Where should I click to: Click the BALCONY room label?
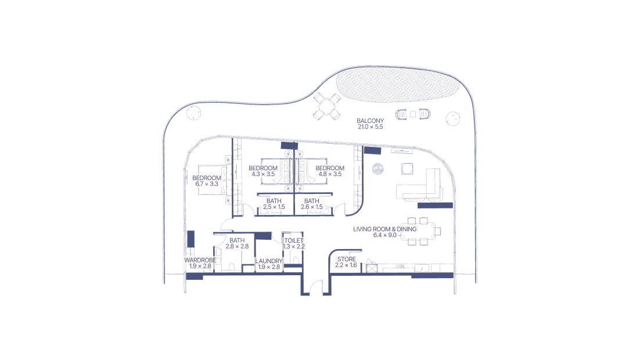coord(371,123)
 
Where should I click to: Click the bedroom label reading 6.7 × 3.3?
coord(206,181)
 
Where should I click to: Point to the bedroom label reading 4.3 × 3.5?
coord(263,171)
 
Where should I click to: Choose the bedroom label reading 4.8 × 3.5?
coord(330,171)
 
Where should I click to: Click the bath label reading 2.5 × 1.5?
coord(274,204)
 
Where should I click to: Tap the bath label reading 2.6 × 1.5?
coord(311,204)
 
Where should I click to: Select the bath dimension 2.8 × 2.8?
coord(237,246)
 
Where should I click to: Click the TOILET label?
coord(294,243)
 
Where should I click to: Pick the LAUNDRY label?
coord(268,264)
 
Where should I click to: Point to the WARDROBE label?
coord(200,263)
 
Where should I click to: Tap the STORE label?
coord(346,262)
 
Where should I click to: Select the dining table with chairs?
coord(424,231)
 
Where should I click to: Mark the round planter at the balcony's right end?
coord(452,119)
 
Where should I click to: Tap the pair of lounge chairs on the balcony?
coord(412,114)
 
